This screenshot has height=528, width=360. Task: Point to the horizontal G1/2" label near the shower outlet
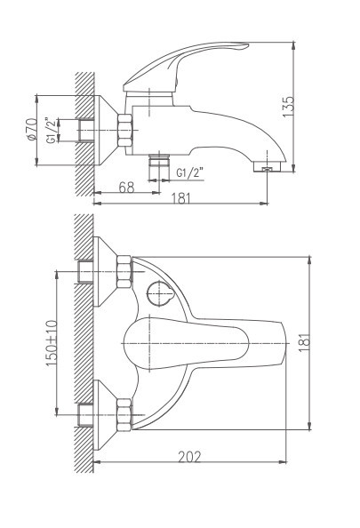(189, 172)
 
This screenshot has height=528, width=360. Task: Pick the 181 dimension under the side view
(180, 199)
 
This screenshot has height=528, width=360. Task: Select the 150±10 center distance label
(52, 340)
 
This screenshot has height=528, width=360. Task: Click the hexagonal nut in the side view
(124, 129)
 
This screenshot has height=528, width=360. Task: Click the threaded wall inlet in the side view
(87, 129)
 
